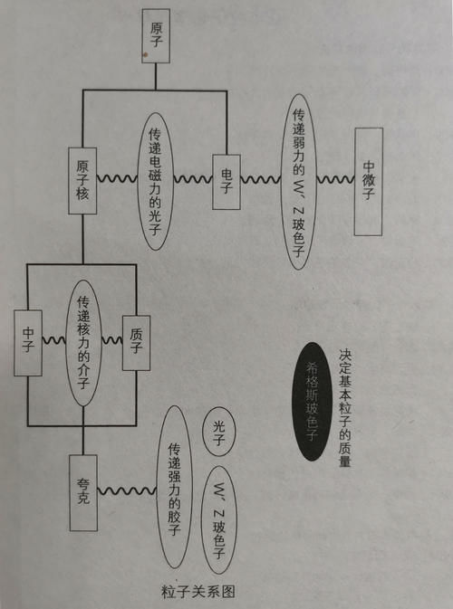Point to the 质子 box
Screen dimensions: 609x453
[136, 342]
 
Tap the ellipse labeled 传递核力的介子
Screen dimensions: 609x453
[82, 341]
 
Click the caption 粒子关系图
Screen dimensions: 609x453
[198, 592]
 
